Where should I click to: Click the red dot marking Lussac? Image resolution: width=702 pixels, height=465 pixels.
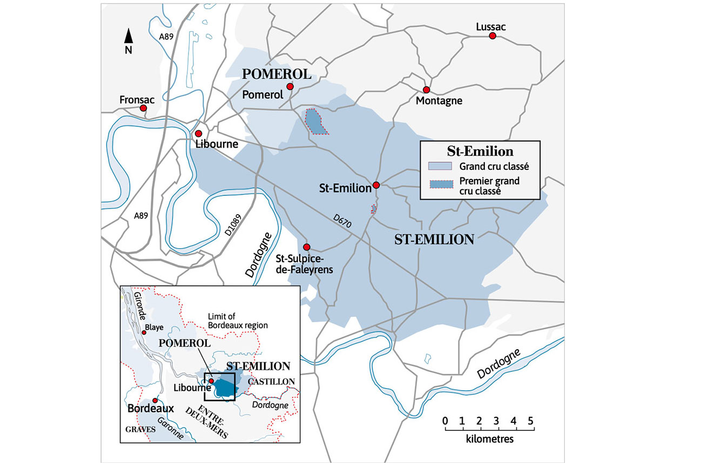pos(492,36)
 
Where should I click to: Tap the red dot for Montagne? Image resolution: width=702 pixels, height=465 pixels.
pos(426,90)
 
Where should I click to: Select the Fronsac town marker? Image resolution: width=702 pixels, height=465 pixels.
pos(143,108)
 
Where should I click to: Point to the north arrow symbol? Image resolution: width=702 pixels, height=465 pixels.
pos(129,37)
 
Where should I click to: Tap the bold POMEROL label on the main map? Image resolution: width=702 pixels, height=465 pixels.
pos(277,75)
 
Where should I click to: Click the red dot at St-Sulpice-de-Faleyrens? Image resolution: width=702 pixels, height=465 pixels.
pos(307,246)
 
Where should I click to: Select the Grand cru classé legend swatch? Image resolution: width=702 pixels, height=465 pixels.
pos(440,166)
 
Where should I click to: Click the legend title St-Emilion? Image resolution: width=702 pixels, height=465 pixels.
pos(480,151)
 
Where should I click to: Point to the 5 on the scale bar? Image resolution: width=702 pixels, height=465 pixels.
pos(530,421)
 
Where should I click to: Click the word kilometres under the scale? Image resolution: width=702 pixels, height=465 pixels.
pos(489,439)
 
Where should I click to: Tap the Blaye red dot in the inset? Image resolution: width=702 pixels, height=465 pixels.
pos(144,333)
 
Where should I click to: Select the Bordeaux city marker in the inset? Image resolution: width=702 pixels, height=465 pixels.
pos(155,400)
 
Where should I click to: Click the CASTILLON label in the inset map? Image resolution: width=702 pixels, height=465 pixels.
pos(271,382)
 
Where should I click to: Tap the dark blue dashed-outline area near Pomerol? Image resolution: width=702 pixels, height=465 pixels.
pos(315,122)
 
